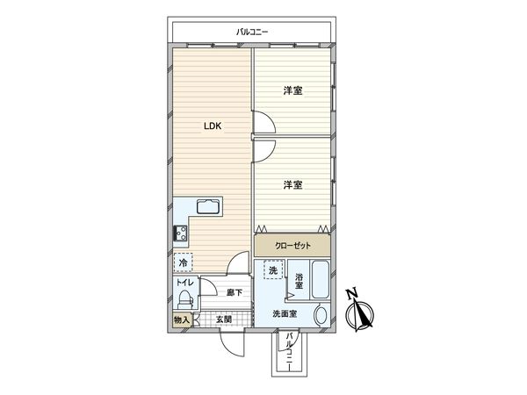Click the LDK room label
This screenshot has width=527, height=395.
(x=213, y=126)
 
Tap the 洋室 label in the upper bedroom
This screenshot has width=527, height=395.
(x=293, y=90)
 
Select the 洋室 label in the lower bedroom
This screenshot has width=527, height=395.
(x=293, y=184)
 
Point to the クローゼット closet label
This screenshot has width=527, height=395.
(x=293, y=247)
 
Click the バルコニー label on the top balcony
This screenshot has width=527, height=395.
(x=252, y=32)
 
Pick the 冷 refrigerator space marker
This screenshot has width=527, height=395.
(x=183, y=262)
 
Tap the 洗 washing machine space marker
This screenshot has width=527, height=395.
(x=272, y=272)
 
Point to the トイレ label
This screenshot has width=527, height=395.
(x=184, y=283)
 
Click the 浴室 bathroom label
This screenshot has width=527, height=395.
(x=300, y=281)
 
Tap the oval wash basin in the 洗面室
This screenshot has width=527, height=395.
(x=319, y=316)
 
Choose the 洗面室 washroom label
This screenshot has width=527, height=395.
(x=284, y=312)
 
